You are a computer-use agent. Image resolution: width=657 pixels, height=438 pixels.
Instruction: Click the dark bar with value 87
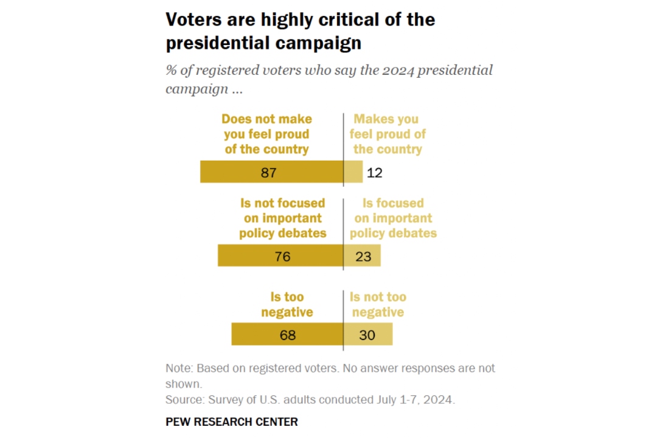tap(271, 172)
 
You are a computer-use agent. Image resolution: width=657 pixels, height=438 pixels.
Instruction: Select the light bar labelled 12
tap(353, 172)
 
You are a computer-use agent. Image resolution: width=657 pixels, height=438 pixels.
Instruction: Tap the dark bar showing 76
tap(280, 255)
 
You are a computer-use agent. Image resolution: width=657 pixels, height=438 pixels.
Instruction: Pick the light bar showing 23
tap(362, 255)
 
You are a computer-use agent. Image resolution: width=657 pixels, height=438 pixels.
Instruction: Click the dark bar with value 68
tap(287, 335)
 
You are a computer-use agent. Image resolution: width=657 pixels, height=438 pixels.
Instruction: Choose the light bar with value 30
tap(368, 335)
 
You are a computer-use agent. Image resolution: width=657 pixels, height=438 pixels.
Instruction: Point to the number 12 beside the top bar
tap(375, 173)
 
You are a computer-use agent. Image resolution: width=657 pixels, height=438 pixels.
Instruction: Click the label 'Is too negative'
tap(287, 305)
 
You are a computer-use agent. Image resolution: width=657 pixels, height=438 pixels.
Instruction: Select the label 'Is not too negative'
tap(378, 305)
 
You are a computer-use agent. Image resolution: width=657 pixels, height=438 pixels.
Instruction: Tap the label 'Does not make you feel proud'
tap(266, 134)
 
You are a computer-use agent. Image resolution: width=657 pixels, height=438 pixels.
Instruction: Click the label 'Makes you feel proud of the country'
tap(388, 134)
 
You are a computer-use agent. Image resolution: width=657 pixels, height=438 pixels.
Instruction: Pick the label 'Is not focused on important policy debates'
tap(282, 218)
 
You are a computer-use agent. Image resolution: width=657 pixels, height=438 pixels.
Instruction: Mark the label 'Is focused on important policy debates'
tap(393, 218)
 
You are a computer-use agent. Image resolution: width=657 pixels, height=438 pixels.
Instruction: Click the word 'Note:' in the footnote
tap(180, 368)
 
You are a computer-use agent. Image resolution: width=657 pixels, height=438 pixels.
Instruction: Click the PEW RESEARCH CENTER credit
tap(232, 422)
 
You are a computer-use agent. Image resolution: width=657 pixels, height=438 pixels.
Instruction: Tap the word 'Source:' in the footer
tap(185, 400)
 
